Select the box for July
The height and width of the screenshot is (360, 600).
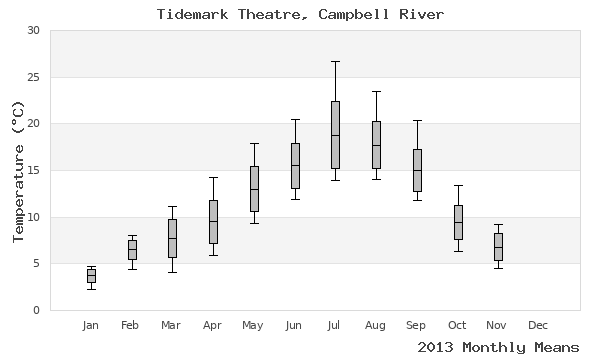[x=335, y=134]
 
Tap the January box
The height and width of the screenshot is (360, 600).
[x=91, y=276]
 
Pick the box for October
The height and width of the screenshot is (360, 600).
[x=458, y=222]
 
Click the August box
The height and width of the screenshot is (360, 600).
[x=376, y=144]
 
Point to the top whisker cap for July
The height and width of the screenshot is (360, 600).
[x=335, y=61]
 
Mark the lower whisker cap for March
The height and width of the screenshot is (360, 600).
[x=172, y=272]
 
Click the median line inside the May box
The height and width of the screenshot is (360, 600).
[x=254, y=189]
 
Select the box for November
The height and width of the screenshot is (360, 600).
[x=498, y=246]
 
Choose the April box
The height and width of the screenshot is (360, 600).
[x=213, y=221]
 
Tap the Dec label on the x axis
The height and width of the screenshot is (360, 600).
[x=538, y=325]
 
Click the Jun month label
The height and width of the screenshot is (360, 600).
[x=294, y=325]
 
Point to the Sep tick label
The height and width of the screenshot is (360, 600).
[x=416, y=325]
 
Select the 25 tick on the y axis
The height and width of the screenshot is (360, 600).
[x=33, y=77]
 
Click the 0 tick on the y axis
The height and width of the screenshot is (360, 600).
[x=36, y=310]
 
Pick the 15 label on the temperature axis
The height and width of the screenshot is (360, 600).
[x=33, y=170]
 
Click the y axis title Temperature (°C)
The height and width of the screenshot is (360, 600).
[x=17, y=170]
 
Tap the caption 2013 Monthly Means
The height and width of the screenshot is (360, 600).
[x=498, y=347]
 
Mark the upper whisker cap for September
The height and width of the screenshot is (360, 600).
[x=417, y=120]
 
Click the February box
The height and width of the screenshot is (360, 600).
[x=132, y=250]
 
